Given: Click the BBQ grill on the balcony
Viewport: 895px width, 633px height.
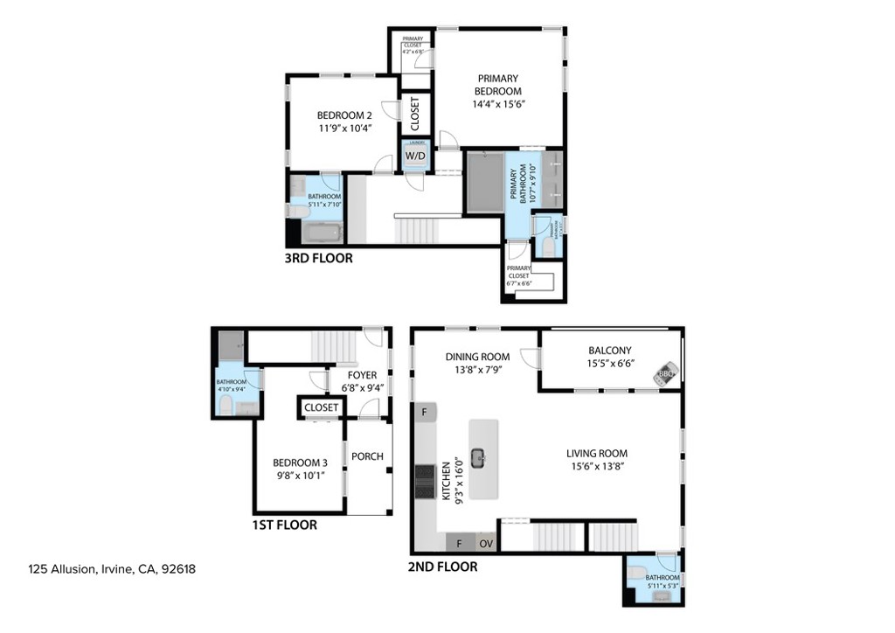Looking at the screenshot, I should tap(666, 373).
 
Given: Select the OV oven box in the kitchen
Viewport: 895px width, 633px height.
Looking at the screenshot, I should tap(487, 543).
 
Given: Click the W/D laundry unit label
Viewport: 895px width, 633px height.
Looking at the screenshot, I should tap(414, 157).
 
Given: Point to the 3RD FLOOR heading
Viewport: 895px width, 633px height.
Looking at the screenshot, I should tap(318, 259).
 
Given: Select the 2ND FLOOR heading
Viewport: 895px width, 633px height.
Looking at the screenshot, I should tap(442, 567).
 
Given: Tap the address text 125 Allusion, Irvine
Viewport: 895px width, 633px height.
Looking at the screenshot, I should tap(112, 569).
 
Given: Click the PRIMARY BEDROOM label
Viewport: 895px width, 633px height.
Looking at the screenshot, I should tap(497, 85).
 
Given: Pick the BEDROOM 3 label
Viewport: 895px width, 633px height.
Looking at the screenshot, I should tap(300, 463).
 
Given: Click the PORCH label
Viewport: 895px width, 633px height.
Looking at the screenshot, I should tap(367, 456).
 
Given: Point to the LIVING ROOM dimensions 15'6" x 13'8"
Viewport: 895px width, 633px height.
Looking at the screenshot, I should tap(596, 466).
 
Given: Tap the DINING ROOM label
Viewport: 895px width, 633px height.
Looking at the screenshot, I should tap(476, 357).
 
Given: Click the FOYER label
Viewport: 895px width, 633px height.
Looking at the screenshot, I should tap(362, 375).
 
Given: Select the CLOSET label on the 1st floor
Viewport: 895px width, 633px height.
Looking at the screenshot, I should tap(322, 407).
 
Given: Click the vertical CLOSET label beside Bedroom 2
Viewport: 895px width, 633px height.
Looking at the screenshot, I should tap(414, 112).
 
